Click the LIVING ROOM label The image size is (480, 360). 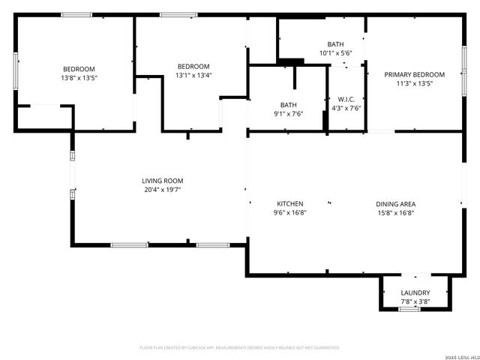pyautogui.click(x=163, y=181)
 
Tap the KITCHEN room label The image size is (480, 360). pyautogui.click(x=290, y=204)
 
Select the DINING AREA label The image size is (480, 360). pyautogui.click(x=396, y=204)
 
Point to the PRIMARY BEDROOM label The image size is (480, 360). pyautogui.click(x=414, y=74)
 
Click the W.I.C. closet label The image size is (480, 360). pyautogui.click(x=346, y=99)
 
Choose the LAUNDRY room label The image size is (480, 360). pyautogui.click(x=415, y=292)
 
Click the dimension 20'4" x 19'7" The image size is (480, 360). pyautogui.click(x=163, y=190)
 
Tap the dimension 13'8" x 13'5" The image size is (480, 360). pyautogui.click(x=79, y=77)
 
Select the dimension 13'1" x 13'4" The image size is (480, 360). pyautogui.click(x=193, y=75)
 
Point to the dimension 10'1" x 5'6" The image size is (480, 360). pyautogui.click(x=335, y=52)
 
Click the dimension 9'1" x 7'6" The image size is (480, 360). pyautogui.click(x=289, y=114)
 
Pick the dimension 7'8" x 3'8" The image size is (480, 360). pyautogui.click(x=415, y=301)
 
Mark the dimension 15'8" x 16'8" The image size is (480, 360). pyautogui.click(x=396, y=213)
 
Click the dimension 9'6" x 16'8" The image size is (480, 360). pyautogui.click(x=290, y=213)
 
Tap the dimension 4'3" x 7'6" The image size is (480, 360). pyautogui.click(x=346, y=108)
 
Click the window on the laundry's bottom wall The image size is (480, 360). pyautogui.click(x=409, y=309)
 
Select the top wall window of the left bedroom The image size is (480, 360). pyautogui.click(x=76, y=15)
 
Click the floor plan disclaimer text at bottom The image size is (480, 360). pyautogui.click(x=240, y=348)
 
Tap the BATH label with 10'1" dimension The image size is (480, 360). pyautogui.click(x=335, y=44)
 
